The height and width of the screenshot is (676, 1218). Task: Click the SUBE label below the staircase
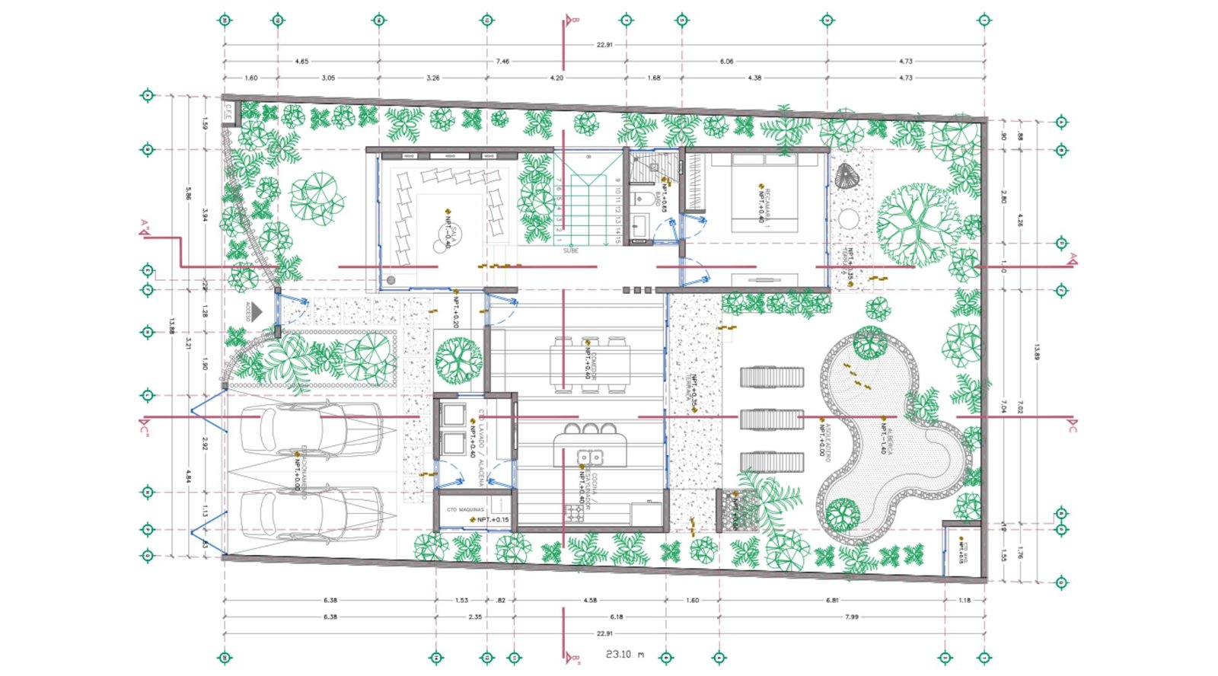571,250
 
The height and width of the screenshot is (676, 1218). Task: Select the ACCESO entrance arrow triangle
257,311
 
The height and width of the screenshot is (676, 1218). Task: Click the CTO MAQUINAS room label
464,509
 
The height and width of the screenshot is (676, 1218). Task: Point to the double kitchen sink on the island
591,458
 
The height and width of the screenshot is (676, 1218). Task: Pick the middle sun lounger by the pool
772,419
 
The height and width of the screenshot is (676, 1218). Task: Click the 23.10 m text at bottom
624,654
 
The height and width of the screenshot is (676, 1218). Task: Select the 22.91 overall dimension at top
604,45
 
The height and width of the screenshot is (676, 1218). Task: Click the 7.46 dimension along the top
502,61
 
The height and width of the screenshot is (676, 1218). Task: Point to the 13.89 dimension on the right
1036,352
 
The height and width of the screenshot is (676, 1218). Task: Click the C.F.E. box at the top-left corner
228,112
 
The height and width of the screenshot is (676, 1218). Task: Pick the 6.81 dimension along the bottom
832,600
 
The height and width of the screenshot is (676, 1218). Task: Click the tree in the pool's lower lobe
843,514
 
